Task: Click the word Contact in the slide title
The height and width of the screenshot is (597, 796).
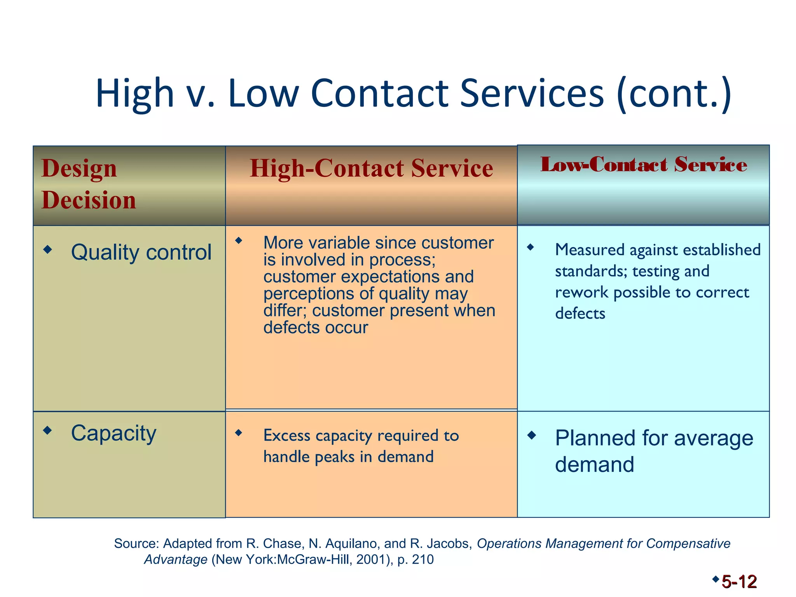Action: (x=380, y=93)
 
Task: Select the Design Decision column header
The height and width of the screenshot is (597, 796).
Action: (x=89, y=184)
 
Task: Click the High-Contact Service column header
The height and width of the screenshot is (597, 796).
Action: (x=371, y=168)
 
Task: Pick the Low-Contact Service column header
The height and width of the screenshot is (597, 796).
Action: (x=644, y=164)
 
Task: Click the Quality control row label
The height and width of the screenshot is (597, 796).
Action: (x=141, y=252)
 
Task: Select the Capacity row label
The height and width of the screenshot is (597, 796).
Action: (x=113, y=433)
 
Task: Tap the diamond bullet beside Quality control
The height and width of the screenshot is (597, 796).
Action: (x=47, y=249)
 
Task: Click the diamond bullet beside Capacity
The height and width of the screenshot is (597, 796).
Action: (x=47, y=430)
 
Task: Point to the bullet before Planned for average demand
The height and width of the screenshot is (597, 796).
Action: (x=531, y=435)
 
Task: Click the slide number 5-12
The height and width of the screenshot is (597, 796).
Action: (x=739, y=582)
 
